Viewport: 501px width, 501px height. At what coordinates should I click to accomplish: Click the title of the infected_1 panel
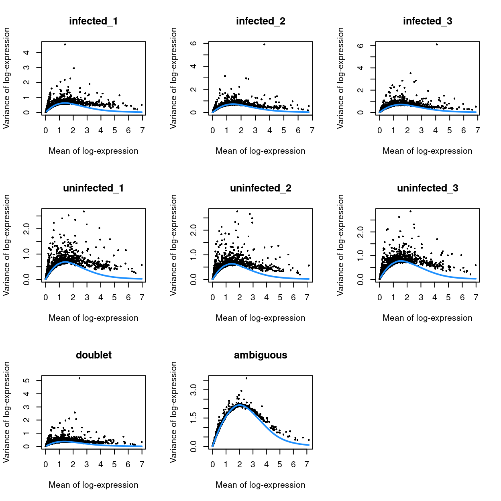pos(93,21)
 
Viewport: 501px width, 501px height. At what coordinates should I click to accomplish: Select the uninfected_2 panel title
pos(261,188)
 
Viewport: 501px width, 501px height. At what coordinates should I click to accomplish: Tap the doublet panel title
pos(94,355)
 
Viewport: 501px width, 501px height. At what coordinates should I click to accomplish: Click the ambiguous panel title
pos(261,355)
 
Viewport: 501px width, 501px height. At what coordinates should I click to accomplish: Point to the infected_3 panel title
pos(428,21)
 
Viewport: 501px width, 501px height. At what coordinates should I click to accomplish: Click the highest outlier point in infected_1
pos(65,45)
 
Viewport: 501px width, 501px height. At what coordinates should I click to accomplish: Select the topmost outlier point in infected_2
pos(264,45)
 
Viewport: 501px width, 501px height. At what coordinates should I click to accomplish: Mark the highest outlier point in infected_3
pos(437,45)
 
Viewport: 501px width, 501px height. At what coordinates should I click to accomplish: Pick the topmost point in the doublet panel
pos(79,378)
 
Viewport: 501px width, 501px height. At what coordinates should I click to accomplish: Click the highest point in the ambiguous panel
pos(246,378)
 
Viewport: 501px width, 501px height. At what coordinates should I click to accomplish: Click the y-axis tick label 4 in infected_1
pos(26,53)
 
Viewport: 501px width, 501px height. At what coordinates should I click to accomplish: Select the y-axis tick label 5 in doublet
pos(26,381)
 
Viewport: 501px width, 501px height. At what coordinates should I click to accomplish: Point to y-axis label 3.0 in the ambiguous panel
pos(193,390)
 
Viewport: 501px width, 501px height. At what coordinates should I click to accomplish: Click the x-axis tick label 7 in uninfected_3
pos(476,297)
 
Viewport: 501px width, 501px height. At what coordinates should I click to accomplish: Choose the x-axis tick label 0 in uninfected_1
pos(46,297)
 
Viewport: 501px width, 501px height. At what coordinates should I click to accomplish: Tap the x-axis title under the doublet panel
pos(93,485)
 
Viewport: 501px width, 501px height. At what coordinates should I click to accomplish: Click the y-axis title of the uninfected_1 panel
pos(6,245)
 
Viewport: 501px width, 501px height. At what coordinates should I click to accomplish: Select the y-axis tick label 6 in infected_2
pos(193,43)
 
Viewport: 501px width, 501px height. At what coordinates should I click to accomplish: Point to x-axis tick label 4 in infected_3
pos(436,130)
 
